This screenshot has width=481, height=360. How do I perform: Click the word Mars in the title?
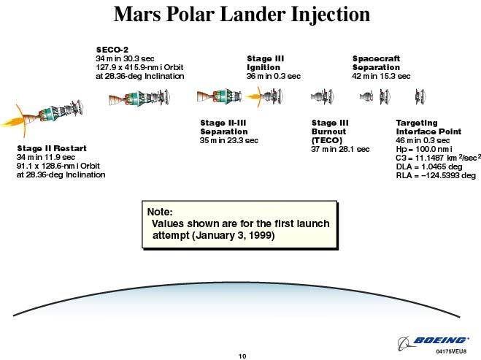click(137, 15)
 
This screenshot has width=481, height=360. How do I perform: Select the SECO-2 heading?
click(112, 50)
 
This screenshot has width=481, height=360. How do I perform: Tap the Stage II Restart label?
click(52, 148)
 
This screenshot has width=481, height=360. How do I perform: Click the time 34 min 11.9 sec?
click(46, 157)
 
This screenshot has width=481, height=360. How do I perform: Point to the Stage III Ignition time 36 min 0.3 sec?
click(274, 76)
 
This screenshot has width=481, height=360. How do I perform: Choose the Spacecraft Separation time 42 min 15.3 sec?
click(381, 76)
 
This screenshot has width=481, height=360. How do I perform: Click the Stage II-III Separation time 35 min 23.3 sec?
click(229, 140)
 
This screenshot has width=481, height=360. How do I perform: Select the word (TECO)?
click(327, 140)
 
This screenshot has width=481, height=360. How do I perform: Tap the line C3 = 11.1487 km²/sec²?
click(438, 158)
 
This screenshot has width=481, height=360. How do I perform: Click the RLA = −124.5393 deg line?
click(436, 175)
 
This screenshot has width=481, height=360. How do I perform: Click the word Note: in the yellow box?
click(160, 212)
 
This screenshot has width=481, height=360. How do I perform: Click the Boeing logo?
click(433, 341)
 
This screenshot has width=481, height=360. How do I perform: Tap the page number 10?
click(242, 356)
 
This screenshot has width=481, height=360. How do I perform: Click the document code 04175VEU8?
click(451, 351)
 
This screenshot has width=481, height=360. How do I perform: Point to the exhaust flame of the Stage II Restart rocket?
click(12, 121)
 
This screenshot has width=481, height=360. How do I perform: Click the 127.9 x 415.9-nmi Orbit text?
click(139, 67)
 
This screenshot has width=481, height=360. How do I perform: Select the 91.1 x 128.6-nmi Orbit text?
click(58, 166)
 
